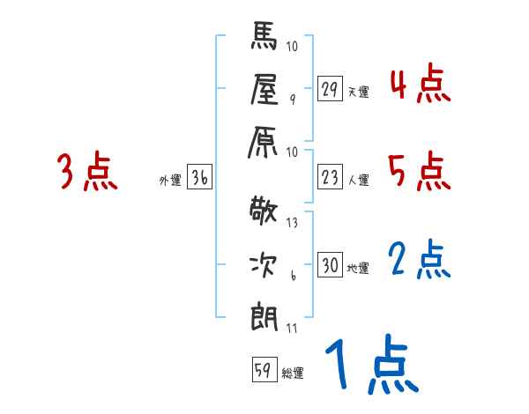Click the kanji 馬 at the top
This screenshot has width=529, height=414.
265,40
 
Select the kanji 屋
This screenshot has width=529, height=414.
265,91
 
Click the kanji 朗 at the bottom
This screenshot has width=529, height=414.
265,314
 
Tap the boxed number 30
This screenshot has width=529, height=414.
330,266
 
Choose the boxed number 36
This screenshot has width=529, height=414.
199,179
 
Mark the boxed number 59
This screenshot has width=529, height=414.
263,369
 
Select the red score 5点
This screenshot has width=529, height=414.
420,172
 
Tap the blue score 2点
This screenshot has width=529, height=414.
420,261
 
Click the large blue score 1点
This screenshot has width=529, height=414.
370,365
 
